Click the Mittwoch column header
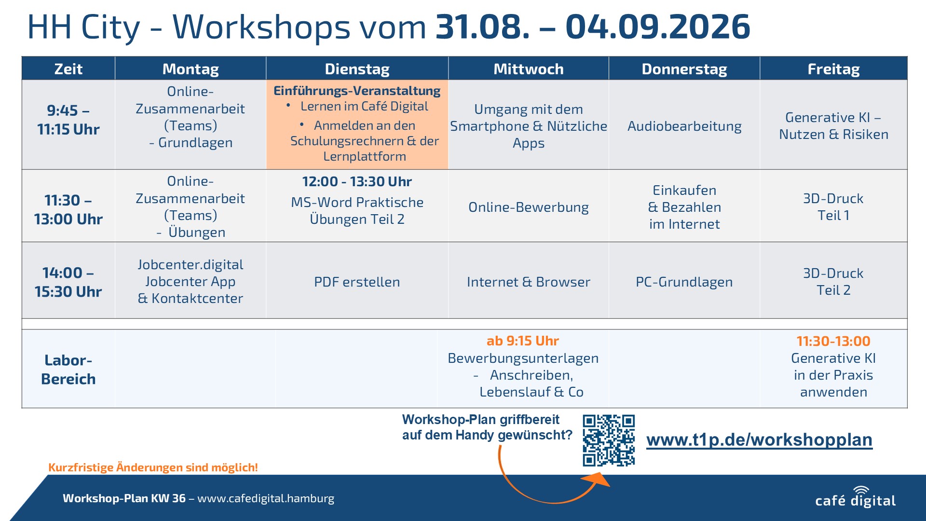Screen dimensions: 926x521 pyautogui.click(x=528, y=69)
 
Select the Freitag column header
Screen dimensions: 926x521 pyautogui.click(x=833, y=69)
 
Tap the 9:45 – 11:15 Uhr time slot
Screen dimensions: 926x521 pyautogui.click(x=68, y=120)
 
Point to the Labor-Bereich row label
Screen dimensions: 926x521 pyautogui.click(x=68, y=370)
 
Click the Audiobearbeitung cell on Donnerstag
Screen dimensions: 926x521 pyautogui.click(x=684, y=126)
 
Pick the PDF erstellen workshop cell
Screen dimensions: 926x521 pyautogui.click(x=357, y=282)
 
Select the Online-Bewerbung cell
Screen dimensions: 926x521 pyautogui.click(x=529, y=207)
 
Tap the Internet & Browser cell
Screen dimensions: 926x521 pyautogui.click(x=529, y=282)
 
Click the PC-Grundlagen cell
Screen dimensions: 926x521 pyautogui.click(x=684, y=282)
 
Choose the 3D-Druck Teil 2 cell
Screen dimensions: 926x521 pyautogui.click(x=833, y=282)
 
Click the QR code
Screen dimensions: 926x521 pyautogui.click(x=609, y=440)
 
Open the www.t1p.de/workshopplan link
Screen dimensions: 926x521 pyautogui.click(x=759, y=440)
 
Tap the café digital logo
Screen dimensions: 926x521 pyautogui.click(x=856, y=497)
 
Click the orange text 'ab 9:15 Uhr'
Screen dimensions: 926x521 pyautogui.click(x=523, y=341)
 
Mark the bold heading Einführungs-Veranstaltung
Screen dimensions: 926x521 pyautogui.click(x=357, y=91)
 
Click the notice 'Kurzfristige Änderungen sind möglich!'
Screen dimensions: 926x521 pyautogui.click(x=153, y=467)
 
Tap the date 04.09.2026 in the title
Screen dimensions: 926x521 pyautogui.click(x=658, y=27)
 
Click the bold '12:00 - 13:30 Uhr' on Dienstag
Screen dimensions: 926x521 pyautogui.click(x=357, y=182)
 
